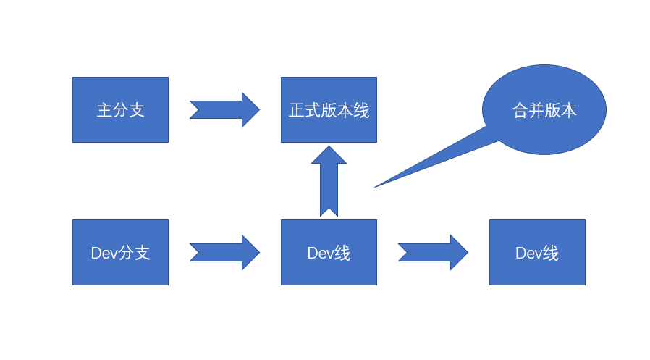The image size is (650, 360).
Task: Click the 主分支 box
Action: (120, 109)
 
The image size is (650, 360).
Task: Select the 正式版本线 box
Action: (329, 109)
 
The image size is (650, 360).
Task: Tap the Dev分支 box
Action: (120, 252)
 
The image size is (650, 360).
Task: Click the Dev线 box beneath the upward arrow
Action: (329, 252)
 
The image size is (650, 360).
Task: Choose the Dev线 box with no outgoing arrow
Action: (537, 252)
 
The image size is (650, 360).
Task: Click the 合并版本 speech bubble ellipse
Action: (544, 109)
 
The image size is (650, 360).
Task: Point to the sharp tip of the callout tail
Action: (376, 187)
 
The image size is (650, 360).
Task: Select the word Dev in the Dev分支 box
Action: (104, 253)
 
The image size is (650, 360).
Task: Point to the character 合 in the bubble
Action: (520, 111)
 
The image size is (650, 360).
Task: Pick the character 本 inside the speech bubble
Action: (569, 111)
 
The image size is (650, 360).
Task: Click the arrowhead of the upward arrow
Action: (329, 155)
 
